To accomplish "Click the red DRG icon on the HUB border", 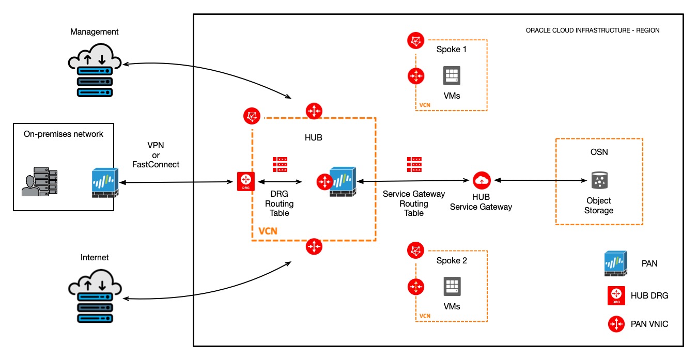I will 245,181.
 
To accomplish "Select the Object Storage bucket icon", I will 599,181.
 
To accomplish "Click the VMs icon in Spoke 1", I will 452,75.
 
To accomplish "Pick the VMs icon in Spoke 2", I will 452,286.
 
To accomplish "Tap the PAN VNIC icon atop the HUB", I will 314,111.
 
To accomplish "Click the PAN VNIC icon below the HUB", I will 314,247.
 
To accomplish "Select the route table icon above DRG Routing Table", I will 280,164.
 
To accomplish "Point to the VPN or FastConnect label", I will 163,155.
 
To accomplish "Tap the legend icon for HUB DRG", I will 616,295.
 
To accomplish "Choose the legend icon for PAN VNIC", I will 616,324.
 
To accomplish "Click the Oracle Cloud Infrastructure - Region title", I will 592,30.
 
